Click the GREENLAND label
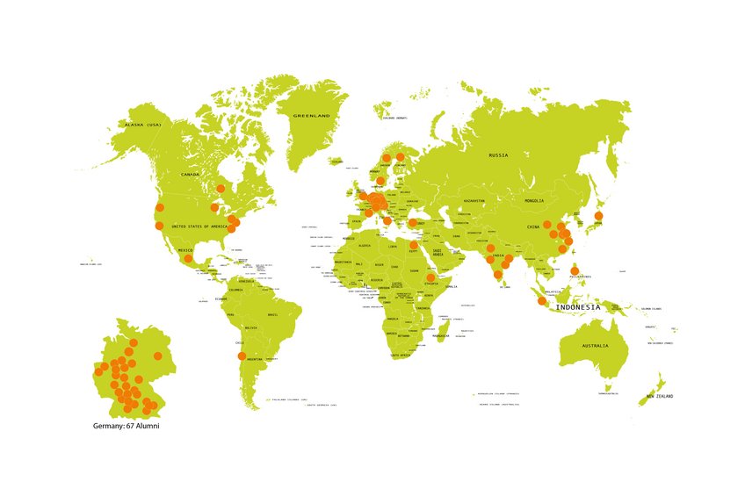coord(311,116)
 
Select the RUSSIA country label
coord(498,155)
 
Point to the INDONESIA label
coord(578,307)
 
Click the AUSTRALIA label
coord(594,346)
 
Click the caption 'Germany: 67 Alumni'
coord(126,426)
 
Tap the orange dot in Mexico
coord(188,258)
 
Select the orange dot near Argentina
coord(243,356)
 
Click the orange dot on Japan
coord(598,215)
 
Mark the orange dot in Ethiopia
coord(430,277)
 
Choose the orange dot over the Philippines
coord(575,270)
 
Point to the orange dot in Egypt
coord(414,245)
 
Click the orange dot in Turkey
coord(413,223)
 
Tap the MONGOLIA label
coord(534,201)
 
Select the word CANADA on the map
coord(191,175)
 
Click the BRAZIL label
coord(272,314)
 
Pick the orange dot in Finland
coord(401,157)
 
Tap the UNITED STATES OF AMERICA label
coord(199,226)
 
